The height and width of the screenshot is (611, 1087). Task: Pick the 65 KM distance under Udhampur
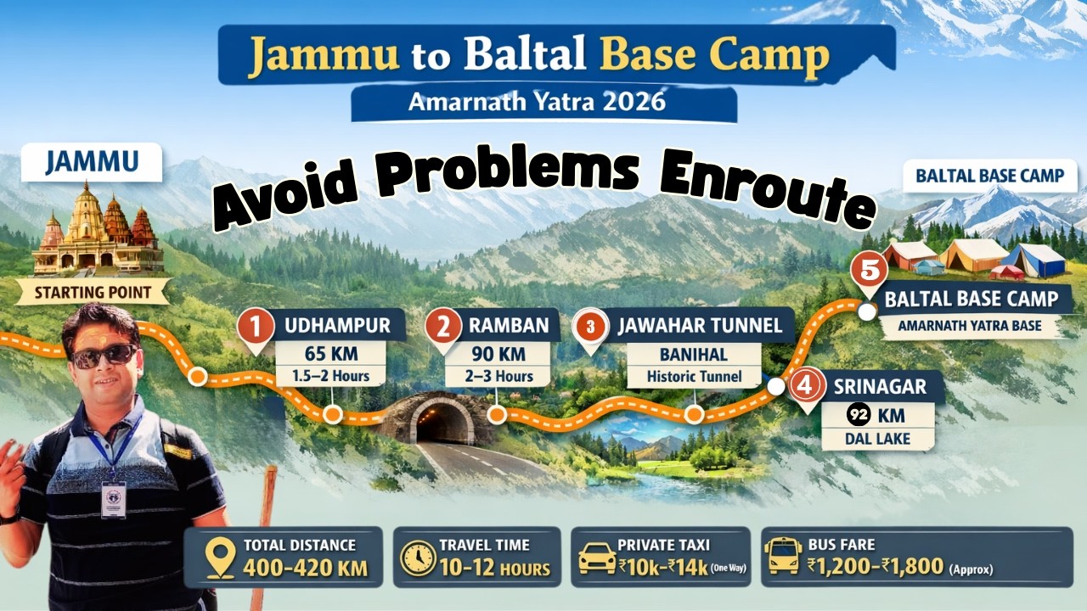[330, 353]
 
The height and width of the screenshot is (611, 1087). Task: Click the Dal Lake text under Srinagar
[877, 439]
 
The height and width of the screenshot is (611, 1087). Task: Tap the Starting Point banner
[93, 294]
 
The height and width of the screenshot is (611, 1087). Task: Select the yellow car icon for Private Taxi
[596, 558]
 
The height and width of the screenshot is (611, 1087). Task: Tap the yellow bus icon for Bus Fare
[782, 557]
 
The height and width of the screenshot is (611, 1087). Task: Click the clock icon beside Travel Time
[417, 558]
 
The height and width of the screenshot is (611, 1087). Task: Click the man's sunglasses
[103, 354]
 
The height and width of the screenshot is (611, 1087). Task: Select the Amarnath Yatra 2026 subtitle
[537, 102]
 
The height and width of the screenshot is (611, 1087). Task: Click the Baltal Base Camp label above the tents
[989, 177]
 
